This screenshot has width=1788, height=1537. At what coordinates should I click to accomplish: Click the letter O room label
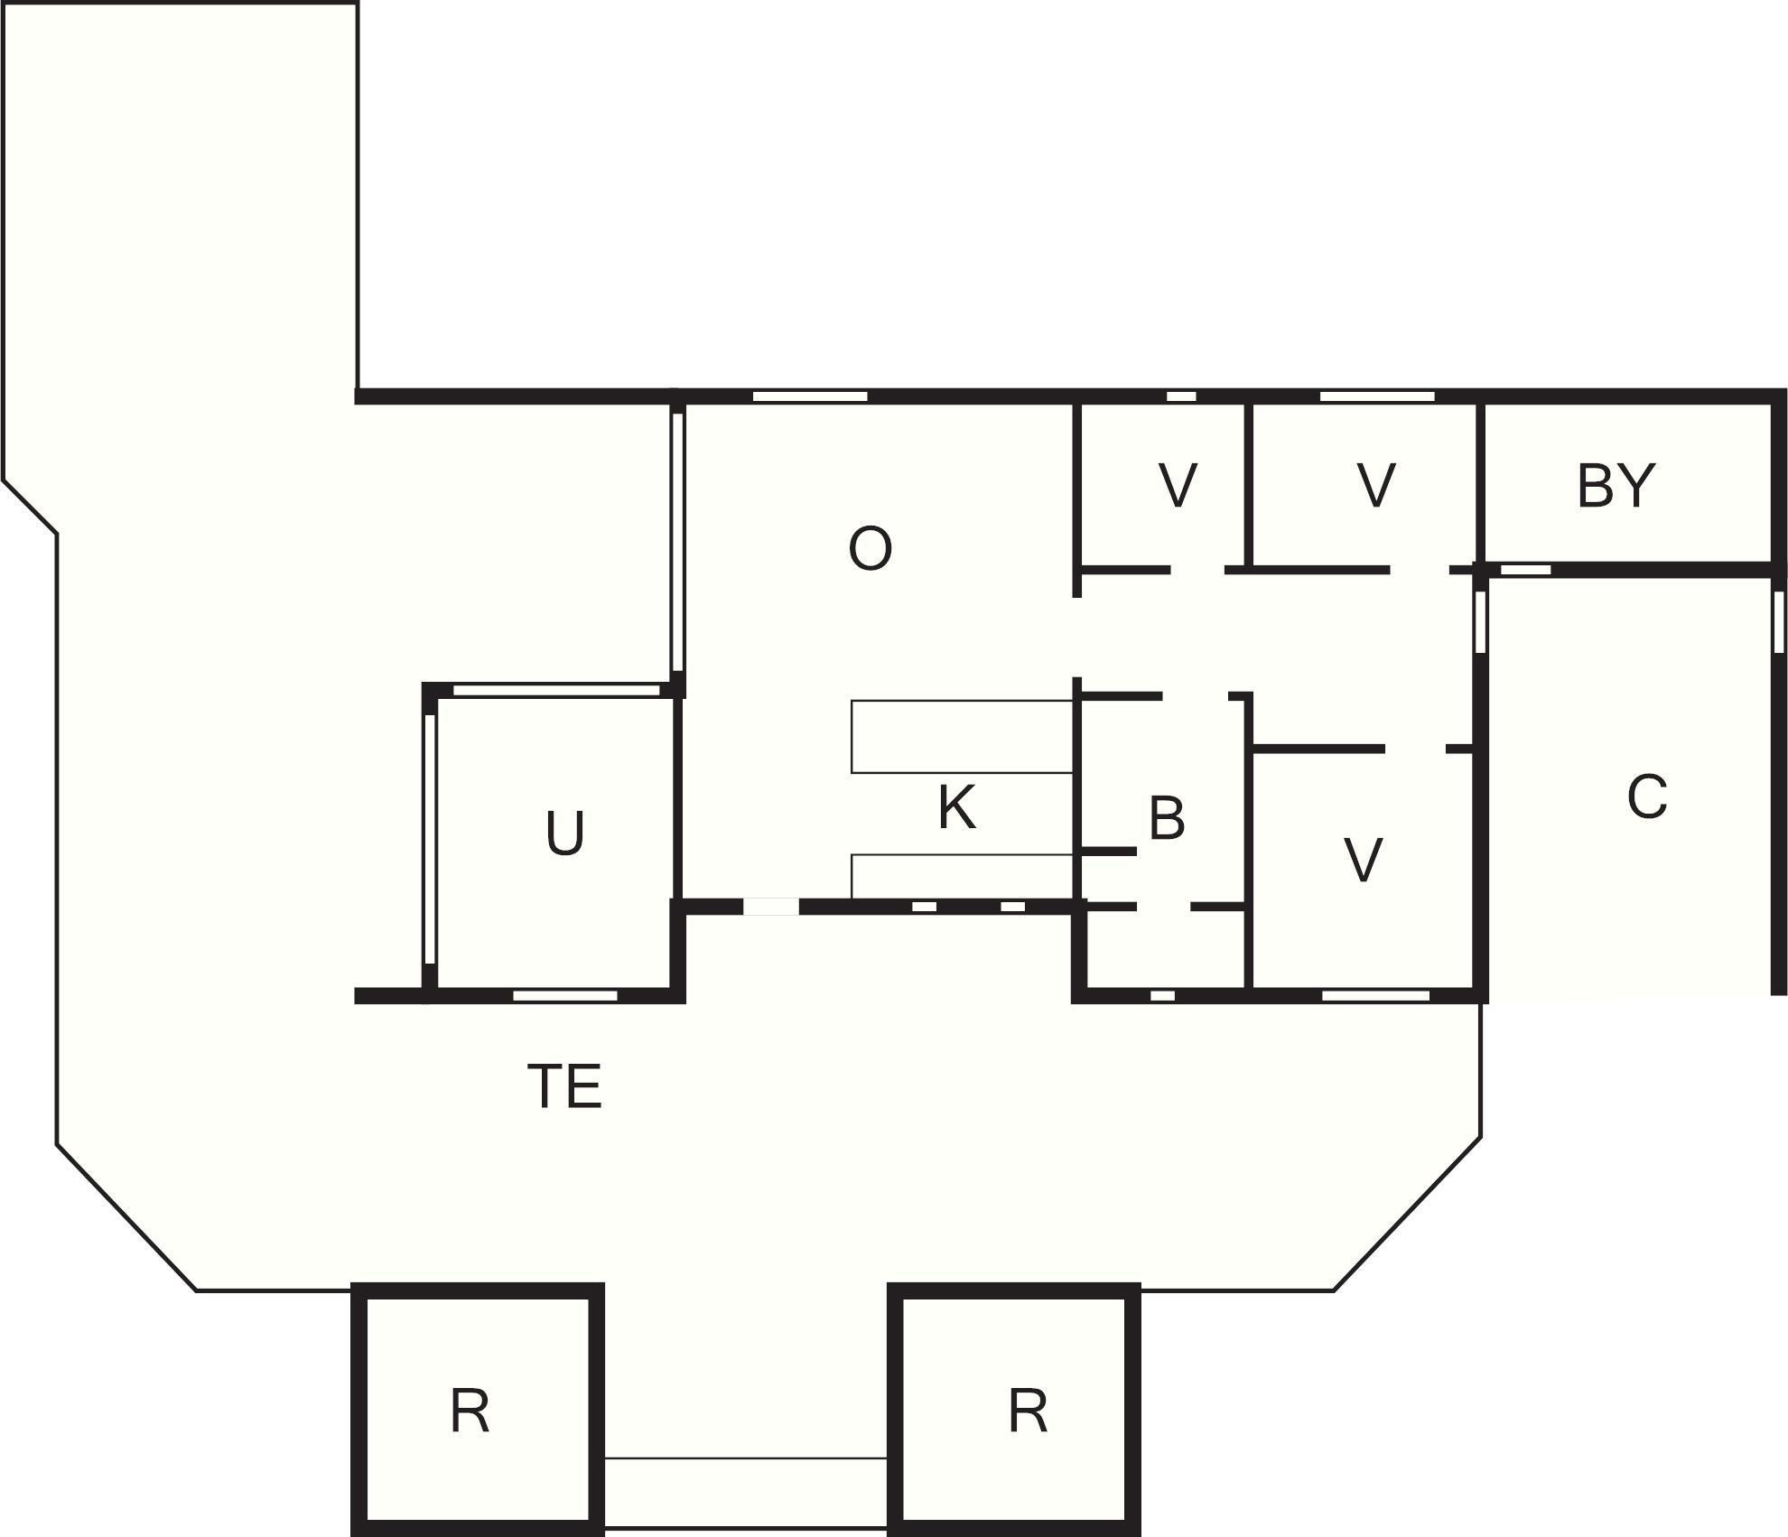[871, 549]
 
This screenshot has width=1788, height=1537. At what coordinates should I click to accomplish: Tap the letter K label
[957, 807]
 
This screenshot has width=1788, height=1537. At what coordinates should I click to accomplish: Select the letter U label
[565, 833]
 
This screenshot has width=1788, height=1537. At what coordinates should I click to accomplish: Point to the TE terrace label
[564, 1086]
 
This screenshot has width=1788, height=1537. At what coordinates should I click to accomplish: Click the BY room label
[1616, 486]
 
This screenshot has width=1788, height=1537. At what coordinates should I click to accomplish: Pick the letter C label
[1647, 797]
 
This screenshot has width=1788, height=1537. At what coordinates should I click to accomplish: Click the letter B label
[1167, 818]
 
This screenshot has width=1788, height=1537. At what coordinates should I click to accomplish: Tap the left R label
[470, 1411]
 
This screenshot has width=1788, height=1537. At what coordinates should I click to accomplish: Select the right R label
[1028, 1411]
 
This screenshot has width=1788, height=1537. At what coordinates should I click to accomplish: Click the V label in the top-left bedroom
[1178, 485]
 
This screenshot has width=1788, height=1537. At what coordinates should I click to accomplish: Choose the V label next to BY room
[1376, 485]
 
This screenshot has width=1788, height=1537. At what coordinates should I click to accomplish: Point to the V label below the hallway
[1364, 860]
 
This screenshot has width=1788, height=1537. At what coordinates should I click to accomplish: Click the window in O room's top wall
[810, 396]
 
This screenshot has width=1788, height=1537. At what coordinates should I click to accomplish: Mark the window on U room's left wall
[431, 840]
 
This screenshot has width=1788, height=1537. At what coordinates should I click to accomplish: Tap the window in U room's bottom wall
[565, 995]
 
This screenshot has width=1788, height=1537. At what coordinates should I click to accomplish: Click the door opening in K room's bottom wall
[770, 907]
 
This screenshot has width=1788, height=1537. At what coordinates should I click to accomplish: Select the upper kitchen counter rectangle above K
[963, 737]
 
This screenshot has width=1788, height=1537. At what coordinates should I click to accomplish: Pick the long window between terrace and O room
[677, 541]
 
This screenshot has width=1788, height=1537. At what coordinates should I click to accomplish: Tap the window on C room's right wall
[1779, 621]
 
